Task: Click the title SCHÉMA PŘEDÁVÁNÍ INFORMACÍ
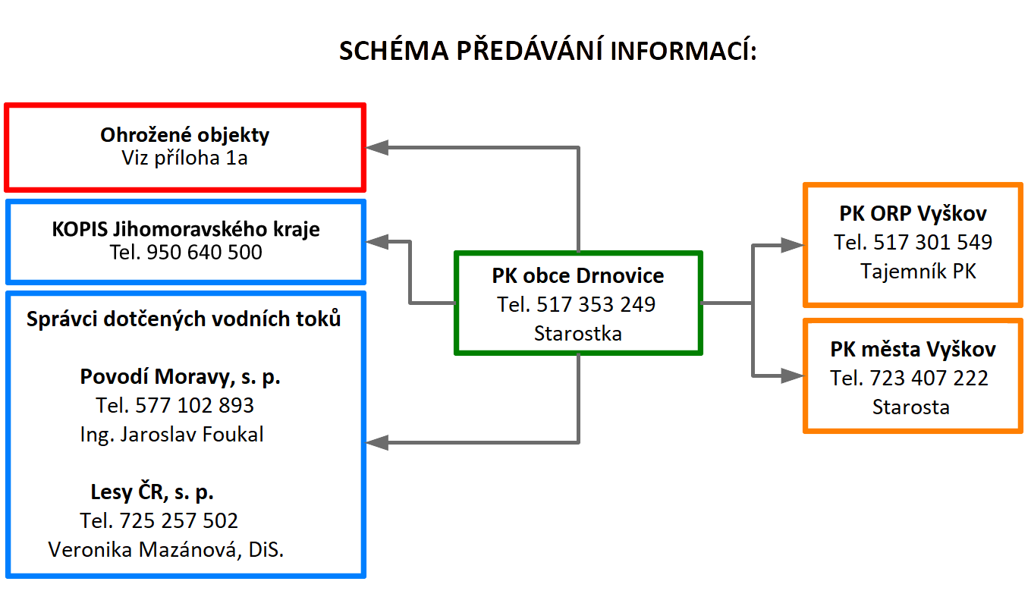548,50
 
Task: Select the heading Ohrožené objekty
184,135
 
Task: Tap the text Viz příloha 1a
184,158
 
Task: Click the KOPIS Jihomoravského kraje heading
185,229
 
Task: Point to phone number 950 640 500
204,253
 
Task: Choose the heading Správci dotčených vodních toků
184,319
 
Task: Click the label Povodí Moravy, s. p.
180,377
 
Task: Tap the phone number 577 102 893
194,406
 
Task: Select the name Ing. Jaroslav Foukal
171,435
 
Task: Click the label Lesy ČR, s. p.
152,492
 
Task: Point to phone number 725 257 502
178,521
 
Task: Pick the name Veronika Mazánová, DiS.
165,550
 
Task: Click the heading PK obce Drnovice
577,275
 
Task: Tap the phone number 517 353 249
596,305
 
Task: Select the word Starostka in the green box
577,334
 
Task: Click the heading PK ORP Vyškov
913,214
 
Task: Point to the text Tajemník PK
918,272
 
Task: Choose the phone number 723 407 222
929,379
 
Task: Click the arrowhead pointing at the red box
377,148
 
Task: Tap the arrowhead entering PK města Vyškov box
793,376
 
